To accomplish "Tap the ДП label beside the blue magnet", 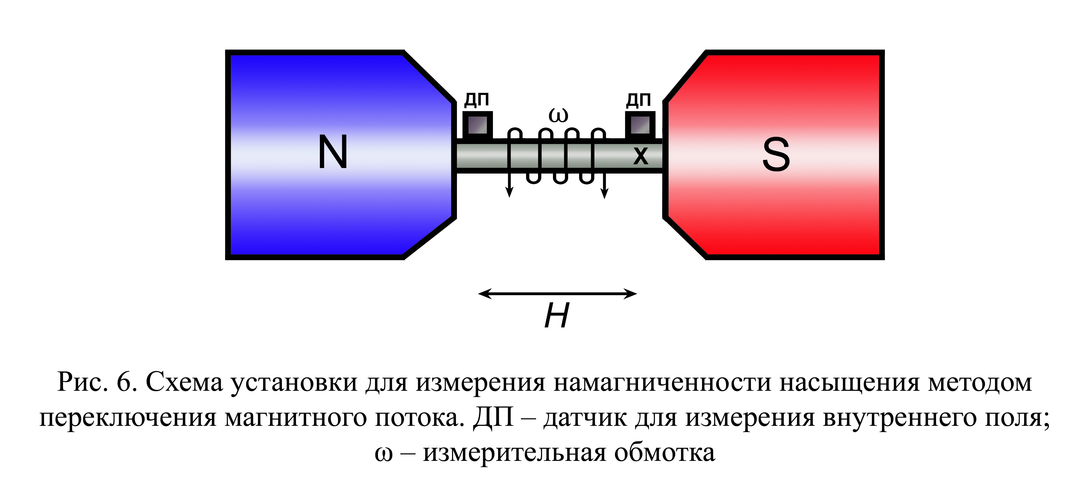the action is tap(477, 100).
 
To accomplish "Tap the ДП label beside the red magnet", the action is tap(638, 100).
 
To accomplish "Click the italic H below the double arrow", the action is tap(557, 315).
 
